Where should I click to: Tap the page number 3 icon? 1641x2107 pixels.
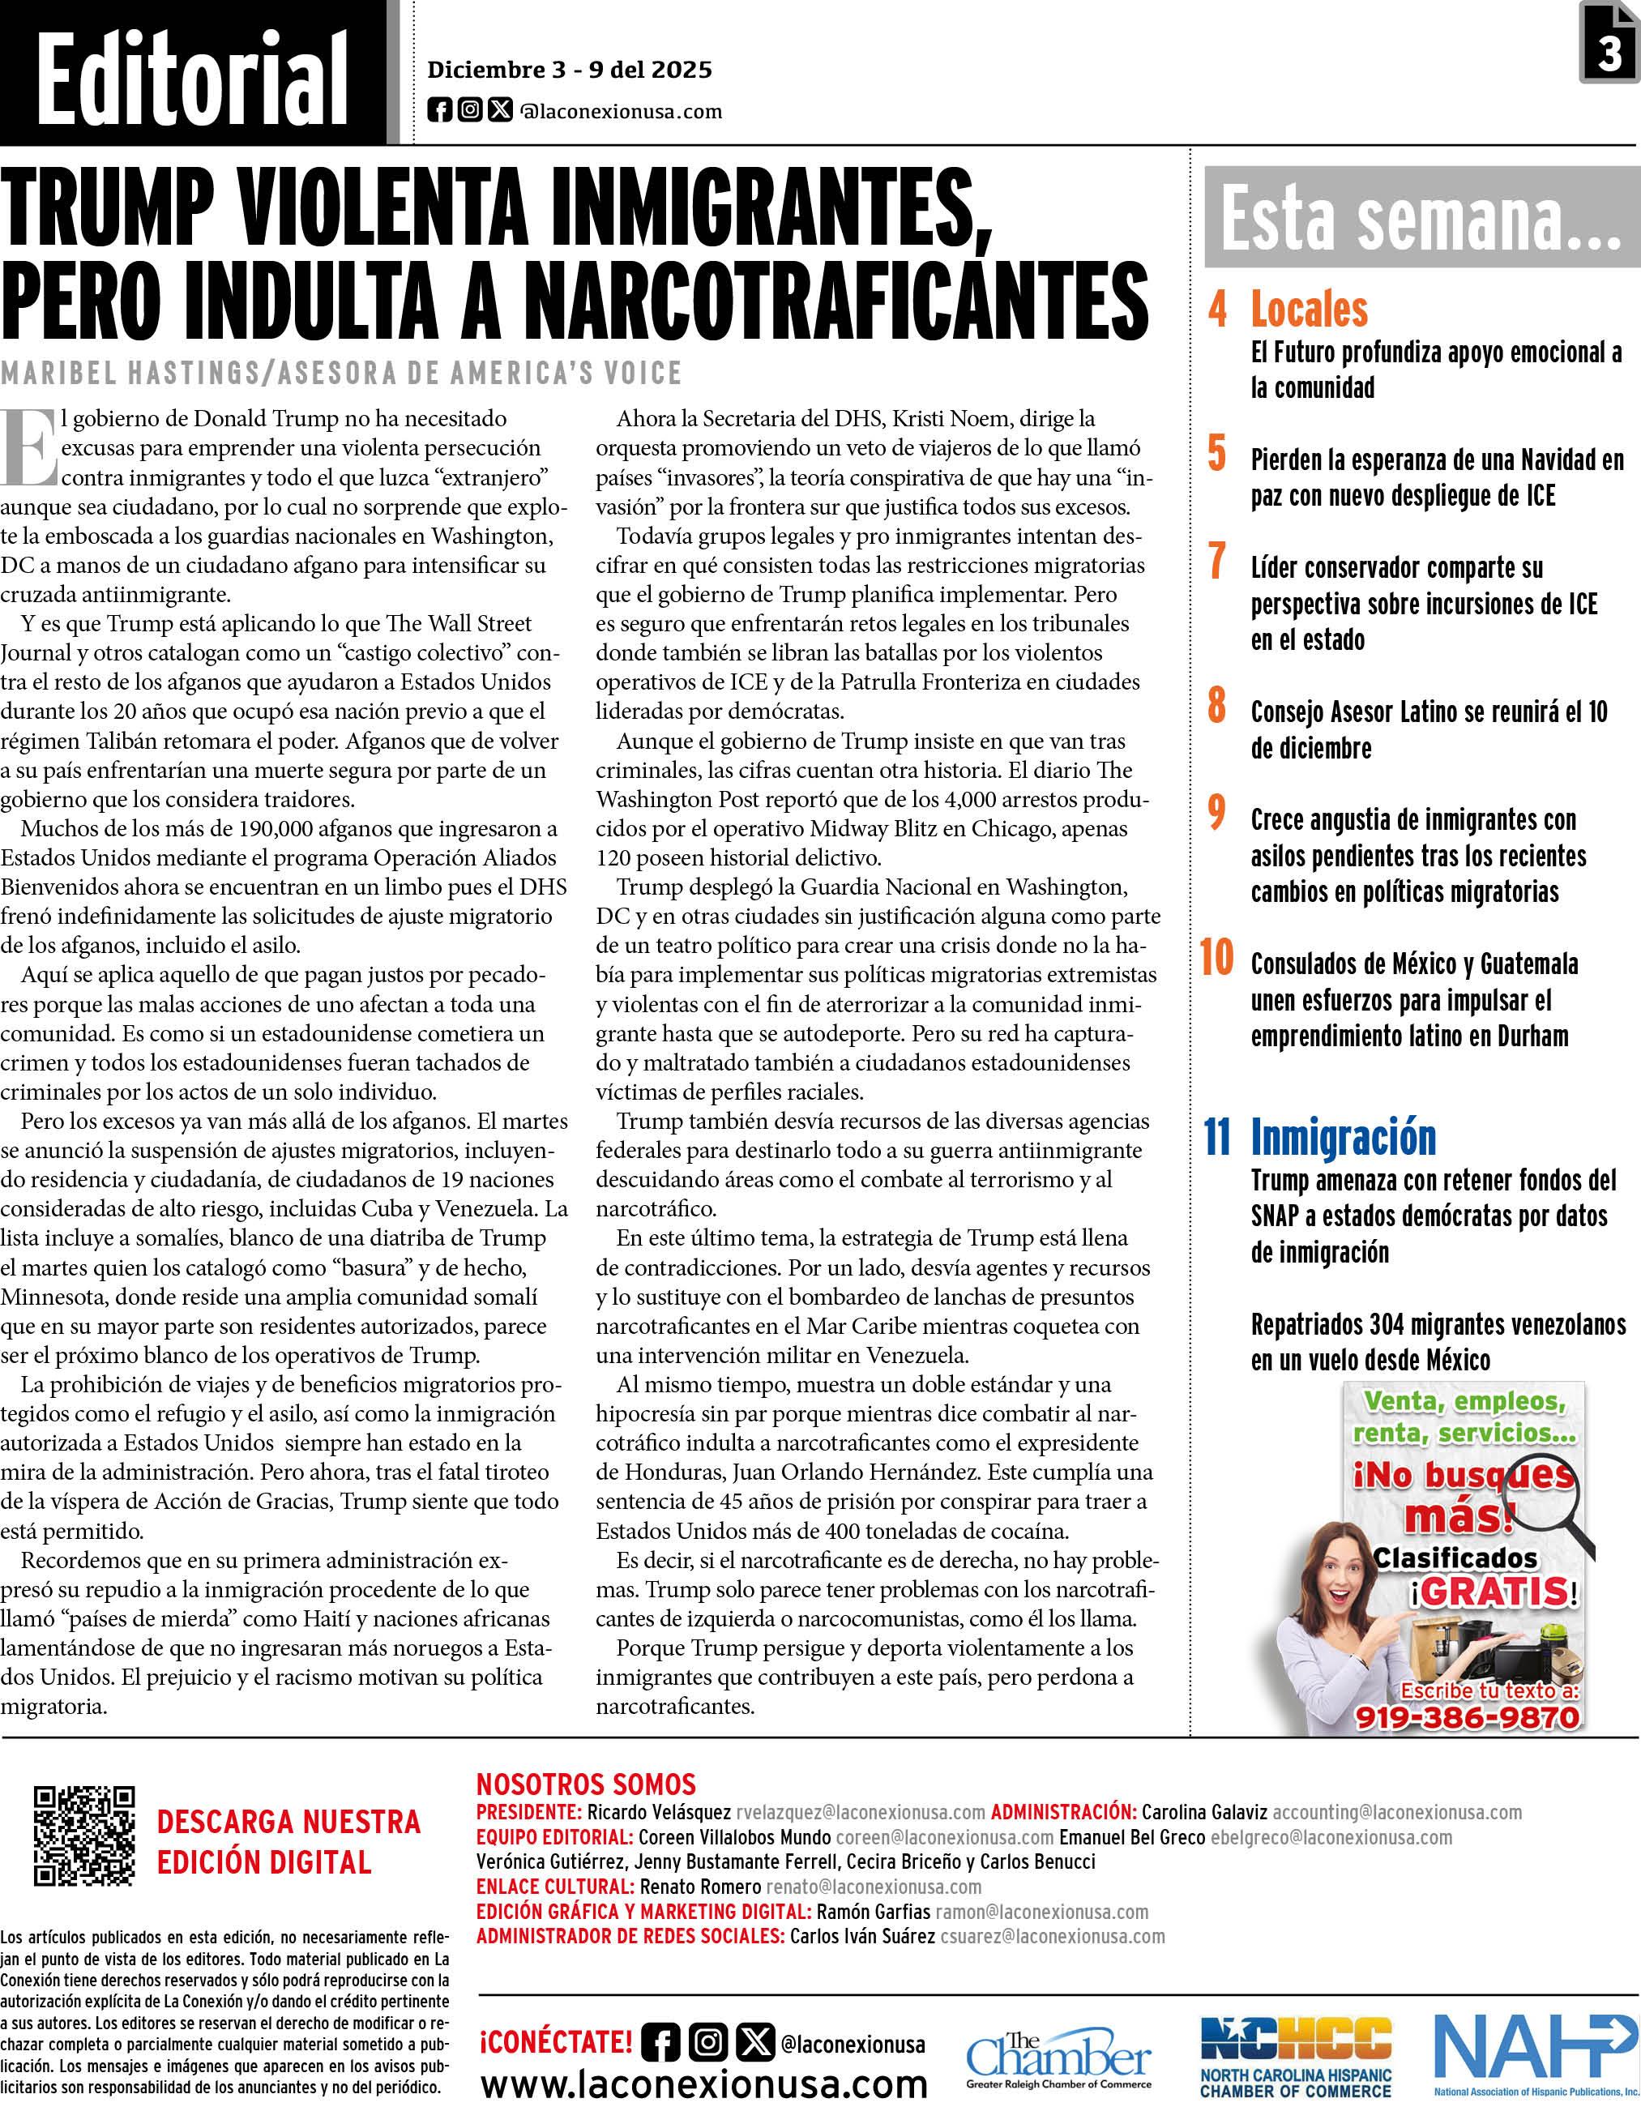pos(1609,44)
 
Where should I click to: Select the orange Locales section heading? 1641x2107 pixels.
pos(1309,310)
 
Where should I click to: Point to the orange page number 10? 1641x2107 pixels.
pos(1216,958)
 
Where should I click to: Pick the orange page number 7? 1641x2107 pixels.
pos(1217,562)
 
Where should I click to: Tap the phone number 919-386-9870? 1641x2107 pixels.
pos(1468,1717)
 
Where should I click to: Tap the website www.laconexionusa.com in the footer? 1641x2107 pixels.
pos(703,2083)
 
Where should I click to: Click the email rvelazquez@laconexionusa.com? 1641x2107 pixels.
pos(861,1812)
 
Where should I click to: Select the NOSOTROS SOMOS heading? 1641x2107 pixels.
pos(586,1784)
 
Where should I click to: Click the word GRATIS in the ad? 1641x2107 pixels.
pos(1494,1592)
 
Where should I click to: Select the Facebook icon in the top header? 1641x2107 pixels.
pos(439,110)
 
